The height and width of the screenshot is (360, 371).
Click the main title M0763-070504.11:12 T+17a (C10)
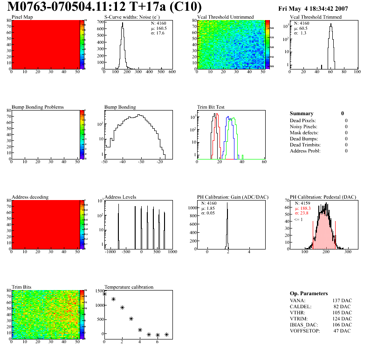105,7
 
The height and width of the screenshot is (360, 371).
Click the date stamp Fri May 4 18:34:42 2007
319,9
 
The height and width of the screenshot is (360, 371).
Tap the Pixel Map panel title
22,17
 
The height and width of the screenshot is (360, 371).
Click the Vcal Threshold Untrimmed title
226,17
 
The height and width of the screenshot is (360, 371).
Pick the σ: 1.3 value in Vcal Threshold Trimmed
300,33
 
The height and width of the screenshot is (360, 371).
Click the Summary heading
302,113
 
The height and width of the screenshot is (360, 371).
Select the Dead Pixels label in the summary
302,120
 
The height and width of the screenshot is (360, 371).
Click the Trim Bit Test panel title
211,107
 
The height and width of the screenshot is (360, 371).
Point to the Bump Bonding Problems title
38,107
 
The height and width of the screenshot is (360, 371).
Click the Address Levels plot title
121,197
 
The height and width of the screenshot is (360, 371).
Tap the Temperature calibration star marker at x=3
131,319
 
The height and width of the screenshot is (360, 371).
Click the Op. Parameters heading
309,293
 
